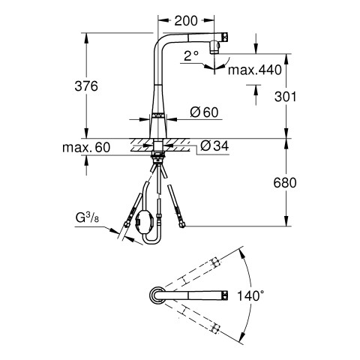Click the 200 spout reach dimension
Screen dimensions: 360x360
[x=186, y=21]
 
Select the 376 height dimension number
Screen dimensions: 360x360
[x=86, y=86]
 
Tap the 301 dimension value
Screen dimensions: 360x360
[x=285, y=97]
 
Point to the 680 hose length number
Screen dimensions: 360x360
[x=285, y=183]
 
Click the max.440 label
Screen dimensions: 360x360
[x=255, y=70]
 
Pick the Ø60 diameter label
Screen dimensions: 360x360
[x=204, y=112]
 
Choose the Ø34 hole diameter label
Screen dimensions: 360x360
[x=214, y=145]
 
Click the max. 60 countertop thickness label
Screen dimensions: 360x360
[x=86, y=148]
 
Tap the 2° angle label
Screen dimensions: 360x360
[x=191, y=56]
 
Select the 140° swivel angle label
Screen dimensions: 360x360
[x=250, y=295]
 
